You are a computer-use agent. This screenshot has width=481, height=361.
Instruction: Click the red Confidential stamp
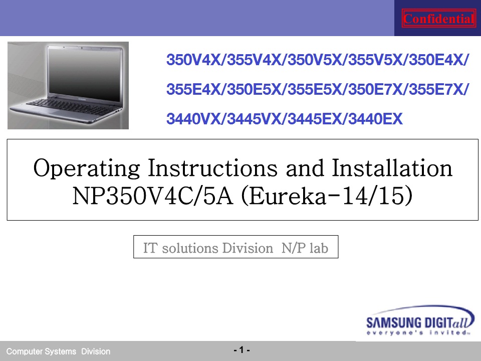click(439, 19)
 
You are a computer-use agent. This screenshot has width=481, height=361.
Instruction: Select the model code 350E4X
click(436, 60)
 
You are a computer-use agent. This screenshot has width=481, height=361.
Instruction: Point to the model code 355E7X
click(436, 89)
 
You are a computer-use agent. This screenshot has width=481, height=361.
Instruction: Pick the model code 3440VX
click(193, 119)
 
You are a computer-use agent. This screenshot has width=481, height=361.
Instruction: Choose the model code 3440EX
click(375, 119)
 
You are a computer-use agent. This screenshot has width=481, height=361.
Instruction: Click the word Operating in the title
click(87, 168)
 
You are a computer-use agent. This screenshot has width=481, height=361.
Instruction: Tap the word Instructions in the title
click(212, 168)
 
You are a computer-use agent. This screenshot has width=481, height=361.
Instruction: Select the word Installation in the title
click(392, 168)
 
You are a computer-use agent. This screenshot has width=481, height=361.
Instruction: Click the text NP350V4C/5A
click(152, 196)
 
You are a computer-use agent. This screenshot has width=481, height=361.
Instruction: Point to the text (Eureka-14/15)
click(327, 196)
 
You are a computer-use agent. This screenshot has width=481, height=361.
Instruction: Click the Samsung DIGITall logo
click(420, 320)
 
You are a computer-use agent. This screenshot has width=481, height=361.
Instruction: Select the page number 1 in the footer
click(242, 350)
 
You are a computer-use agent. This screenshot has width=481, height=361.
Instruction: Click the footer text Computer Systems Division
click(58, 351)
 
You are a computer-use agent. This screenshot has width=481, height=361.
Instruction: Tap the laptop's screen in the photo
click(85, 75)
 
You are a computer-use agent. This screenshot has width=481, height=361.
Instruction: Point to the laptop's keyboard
click(72, 107)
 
